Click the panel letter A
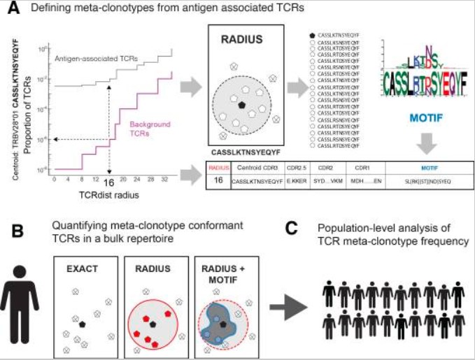9,8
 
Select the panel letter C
295,230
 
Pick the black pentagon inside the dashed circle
241,104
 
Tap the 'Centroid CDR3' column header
255,168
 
